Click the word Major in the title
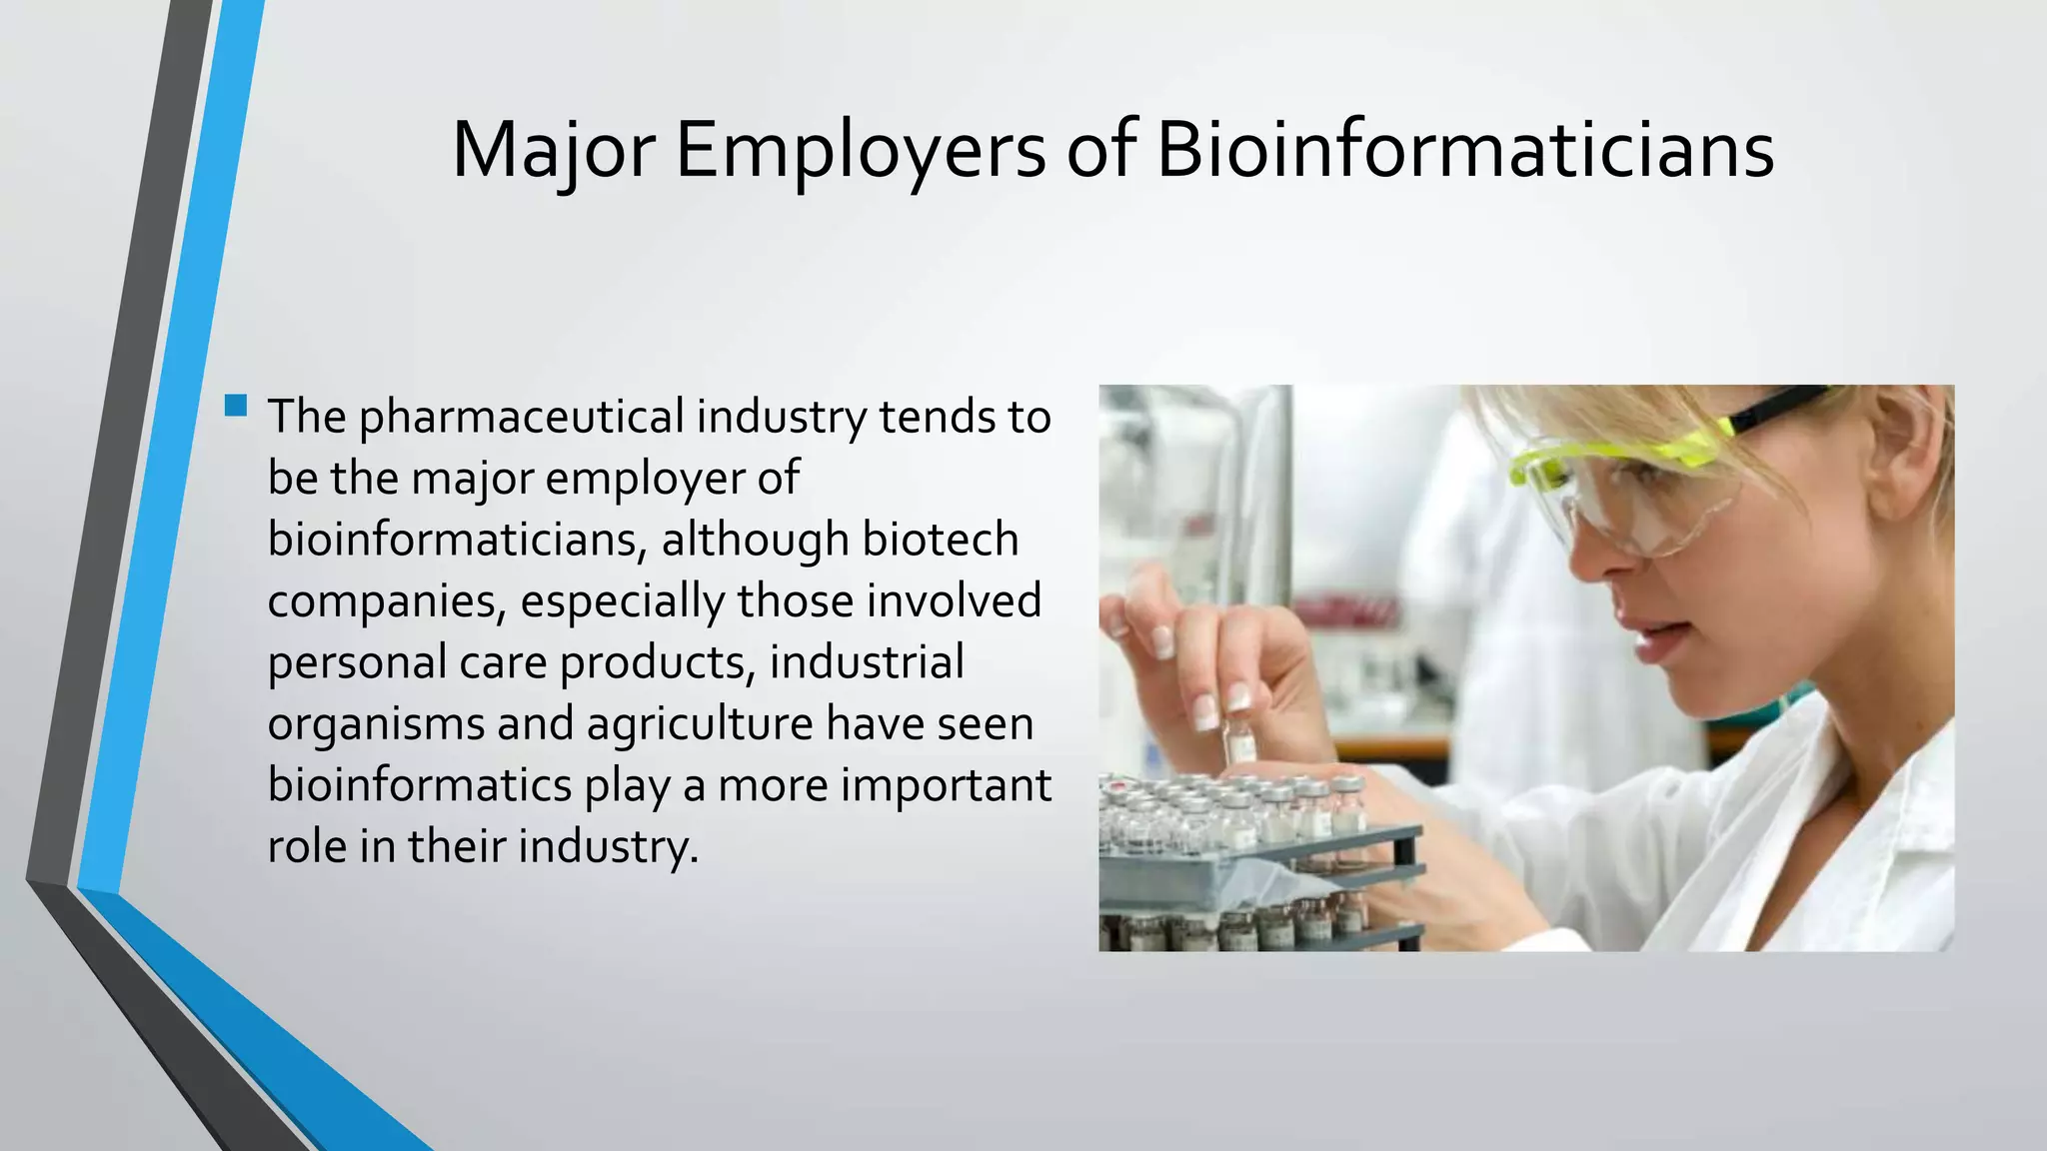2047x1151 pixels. tap(553, 152)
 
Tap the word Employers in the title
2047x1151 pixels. tap(861, 152)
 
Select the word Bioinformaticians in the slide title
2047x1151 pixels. tap(1465, 150)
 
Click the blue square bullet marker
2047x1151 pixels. tap(237, 406)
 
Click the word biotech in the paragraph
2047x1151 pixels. tap(940, 540)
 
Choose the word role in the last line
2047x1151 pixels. tap(306, 846)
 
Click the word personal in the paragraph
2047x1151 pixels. tap(356, 663)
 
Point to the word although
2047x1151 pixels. tap(755, 541)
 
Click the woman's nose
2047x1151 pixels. tap(1596, 560)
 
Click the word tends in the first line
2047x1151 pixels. tap(938, 417)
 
